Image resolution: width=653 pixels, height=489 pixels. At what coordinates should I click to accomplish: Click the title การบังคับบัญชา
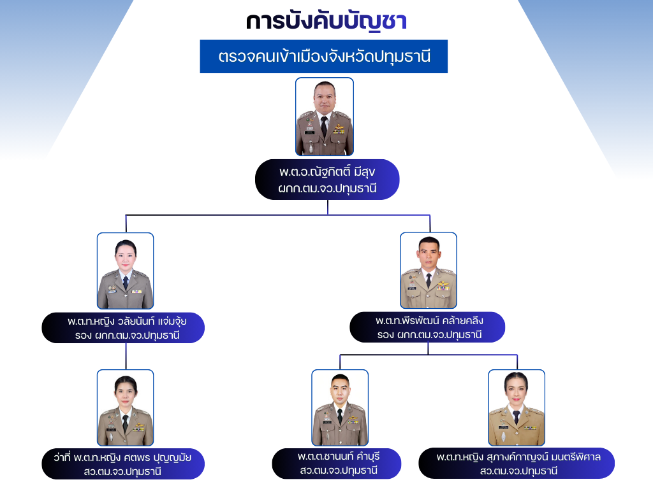tap(326, 21)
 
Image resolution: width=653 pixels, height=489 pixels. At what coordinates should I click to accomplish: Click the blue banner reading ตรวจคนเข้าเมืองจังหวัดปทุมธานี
tap(324, 56)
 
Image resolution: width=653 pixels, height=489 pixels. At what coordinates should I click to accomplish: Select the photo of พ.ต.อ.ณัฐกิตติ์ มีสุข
tap(325, 117)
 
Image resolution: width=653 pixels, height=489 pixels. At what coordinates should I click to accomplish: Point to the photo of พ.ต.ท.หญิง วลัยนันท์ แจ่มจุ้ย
tap(125, 271)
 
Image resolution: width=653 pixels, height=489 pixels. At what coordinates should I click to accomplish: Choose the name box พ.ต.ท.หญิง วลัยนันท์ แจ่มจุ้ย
tap(123, 327)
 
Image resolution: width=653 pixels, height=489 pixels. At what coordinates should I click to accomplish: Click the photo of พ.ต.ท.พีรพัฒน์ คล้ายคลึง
tap(428, 271)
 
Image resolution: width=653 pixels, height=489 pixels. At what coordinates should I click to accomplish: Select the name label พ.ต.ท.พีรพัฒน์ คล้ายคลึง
tap(427, 327)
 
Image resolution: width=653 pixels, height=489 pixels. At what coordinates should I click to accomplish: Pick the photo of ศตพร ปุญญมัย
tap(125, 407)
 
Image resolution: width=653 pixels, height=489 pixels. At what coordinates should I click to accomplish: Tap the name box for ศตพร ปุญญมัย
tap(123, 464)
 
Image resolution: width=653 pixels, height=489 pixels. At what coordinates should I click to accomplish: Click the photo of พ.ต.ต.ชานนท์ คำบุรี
tap(340, 407)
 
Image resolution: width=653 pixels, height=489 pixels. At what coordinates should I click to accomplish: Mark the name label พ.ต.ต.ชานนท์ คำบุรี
tap(337, 464)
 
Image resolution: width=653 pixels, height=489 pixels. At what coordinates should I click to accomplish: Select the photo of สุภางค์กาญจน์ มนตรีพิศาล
tap(517, 407)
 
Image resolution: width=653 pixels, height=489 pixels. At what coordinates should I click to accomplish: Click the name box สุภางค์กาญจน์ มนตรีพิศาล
tap(517, 464)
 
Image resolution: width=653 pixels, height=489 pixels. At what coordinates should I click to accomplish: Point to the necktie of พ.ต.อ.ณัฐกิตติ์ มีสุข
tap(325, 127)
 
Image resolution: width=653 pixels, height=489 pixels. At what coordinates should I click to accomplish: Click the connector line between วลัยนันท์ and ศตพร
tap(126, 357)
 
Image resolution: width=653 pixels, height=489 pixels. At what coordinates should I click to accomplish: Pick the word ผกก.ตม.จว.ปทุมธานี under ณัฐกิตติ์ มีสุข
tap(327, 188)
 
